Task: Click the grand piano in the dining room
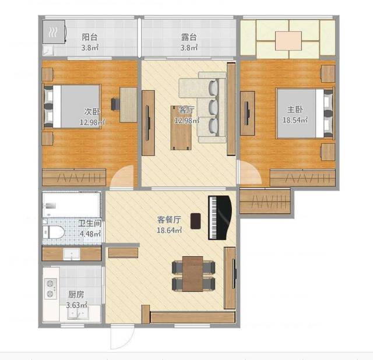click(220, 217)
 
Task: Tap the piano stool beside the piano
click(196, 221)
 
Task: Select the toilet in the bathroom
click(54, 232)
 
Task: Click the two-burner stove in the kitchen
click(51, 288)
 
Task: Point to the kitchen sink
click(78, 315)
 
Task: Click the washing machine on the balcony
click(54, 31)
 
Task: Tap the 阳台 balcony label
click(90, 37)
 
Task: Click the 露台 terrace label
click(189, 37)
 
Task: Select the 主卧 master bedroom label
click(295, 110)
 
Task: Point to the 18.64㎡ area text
click(169, 230)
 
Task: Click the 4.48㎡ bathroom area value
click(90, 234)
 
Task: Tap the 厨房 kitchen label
click(76, 295)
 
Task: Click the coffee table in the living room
click(181, 128)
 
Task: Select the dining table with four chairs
click(193, 274)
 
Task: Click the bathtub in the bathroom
click(71, 204)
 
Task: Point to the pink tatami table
click(288, 41)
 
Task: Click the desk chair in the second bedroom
click(115, 104)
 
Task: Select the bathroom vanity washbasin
click(71, 254)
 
